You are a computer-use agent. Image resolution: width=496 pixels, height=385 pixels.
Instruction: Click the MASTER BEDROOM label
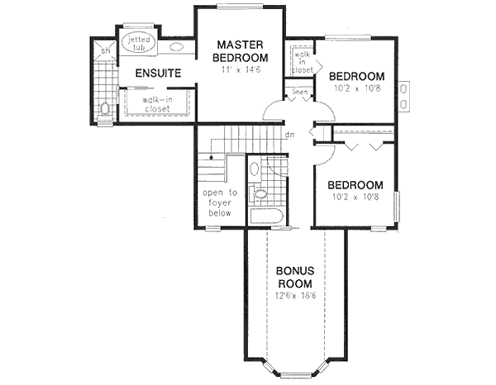click(x=240, y=50)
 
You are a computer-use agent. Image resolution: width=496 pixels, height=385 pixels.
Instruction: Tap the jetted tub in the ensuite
click(x=136, y=43)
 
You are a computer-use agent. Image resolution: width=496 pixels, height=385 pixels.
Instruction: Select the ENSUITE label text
click(x=159, y=74)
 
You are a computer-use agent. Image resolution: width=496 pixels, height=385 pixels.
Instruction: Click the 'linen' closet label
click(x=299, y=92)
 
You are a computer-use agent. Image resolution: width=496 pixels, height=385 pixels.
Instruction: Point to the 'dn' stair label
click(x=289, y=135)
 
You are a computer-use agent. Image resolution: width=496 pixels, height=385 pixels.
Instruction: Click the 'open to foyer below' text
click(x=221, y=202)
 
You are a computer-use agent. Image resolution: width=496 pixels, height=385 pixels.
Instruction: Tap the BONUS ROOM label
click(x=294, y=277)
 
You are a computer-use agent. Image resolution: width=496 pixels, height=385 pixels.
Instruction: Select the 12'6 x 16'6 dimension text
click(x=294, y=295)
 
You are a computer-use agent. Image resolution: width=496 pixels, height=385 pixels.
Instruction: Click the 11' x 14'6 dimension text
click(x=240, y=72)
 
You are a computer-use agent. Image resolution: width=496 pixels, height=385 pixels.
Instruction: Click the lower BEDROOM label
click(x=355, y=184)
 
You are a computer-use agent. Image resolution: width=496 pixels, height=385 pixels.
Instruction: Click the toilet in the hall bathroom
click(x=259, y=195)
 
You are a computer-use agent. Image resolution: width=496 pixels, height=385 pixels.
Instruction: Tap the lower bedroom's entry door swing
click(x=325, y=152)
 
